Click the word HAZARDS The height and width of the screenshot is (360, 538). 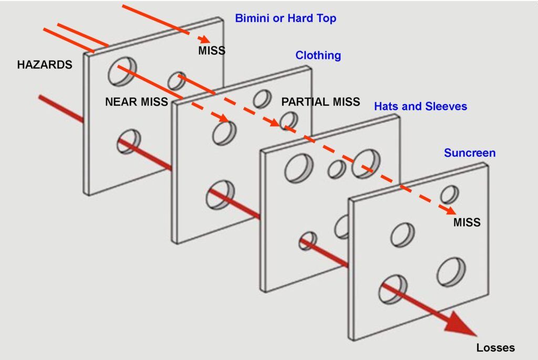point(44,65)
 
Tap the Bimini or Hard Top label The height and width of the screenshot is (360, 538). point(285,18)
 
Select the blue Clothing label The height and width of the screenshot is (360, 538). point(318,55)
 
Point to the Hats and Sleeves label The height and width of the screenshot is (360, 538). point(420,106)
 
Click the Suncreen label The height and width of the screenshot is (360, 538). point(470,153)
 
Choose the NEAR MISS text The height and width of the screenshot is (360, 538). point(136,102)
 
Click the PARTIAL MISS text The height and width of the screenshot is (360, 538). point(320,102)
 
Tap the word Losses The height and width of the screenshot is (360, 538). point(495,347)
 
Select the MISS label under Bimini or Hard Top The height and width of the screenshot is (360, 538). point(212,50)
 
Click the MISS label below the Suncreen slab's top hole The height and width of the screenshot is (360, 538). point(467,222)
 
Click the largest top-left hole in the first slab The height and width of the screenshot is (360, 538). point(122,71)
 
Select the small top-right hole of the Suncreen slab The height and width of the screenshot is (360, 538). point(449,194)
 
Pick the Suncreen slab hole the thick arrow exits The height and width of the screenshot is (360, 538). point(392,289)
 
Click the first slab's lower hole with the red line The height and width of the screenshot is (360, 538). point(129,141)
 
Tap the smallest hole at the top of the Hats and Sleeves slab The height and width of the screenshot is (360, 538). point(337,169)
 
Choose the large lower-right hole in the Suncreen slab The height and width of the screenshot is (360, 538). point(451,272)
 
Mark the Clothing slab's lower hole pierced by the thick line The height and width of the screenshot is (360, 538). point(221,194)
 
